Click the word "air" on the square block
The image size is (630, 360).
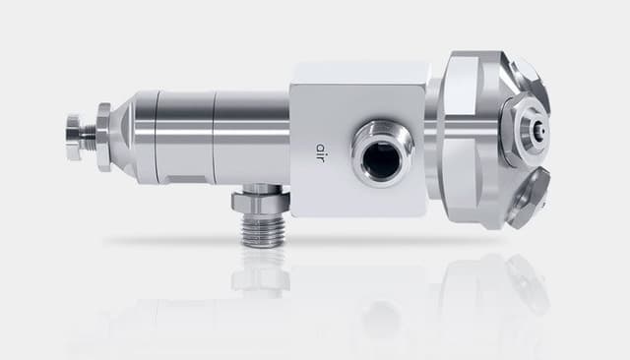(x=319, y=152)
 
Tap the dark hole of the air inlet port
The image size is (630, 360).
(x=381, y=159)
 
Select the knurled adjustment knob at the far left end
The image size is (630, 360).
(x=75, y=138)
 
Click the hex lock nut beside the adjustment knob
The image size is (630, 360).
(x=103, y=138)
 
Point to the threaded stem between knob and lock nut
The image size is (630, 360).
(x=90, y=138)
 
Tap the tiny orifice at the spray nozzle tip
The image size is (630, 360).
(x=543, y=131)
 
